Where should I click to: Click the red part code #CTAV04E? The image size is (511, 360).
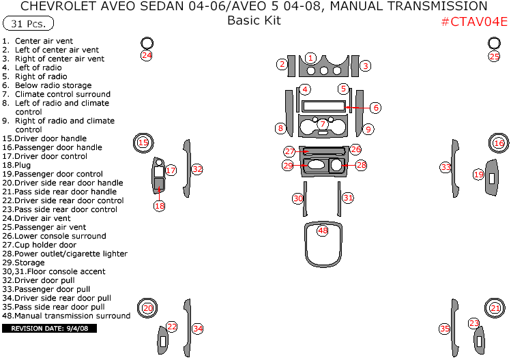coord(473,21)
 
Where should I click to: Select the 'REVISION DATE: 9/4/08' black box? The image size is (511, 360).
coord(50,329)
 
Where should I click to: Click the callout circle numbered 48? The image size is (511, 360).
coord(323,231)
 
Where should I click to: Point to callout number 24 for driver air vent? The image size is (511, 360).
coord(147,56)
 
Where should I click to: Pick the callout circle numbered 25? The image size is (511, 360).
coord(495,57)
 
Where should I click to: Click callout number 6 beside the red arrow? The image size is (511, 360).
coord(376,108)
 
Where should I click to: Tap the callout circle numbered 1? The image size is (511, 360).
coord(310,58)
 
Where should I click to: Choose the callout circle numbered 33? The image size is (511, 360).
coord(446,167)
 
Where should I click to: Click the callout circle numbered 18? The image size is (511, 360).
coord(159,205)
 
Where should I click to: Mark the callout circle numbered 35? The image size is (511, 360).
coord(445,329)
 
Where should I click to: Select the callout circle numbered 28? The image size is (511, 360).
coord(361,165)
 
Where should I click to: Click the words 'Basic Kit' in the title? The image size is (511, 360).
coord(254,20)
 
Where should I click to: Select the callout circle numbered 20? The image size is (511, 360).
coord(148,308)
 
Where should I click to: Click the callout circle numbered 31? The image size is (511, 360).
coord(348,198)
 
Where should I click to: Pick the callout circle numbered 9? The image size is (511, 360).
coord(368,128)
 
